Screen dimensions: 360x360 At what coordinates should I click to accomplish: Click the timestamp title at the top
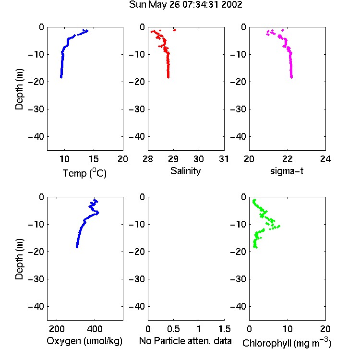pos(185,4)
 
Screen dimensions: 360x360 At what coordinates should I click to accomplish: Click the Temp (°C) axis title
pos(84,173)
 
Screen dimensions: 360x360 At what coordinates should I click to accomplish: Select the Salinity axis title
pos(185,171)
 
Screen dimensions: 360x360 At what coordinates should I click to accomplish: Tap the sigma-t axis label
pos(287,171)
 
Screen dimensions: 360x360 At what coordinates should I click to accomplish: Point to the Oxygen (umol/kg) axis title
pos(84,341)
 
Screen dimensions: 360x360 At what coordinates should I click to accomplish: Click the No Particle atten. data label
pos(185,341)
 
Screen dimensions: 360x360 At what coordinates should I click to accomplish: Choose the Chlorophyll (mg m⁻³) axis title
pos(287,343)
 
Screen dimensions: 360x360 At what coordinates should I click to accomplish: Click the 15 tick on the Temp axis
pos(94,159)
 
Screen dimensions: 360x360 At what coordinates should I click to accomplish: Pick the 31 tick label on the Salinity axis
pos(224,159)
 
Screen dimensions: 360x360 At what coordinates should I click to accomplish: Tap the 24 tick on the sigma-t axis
pos(325,159)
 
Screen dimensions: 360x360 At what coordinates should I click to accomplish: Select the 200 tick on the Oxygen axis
pos(57,329)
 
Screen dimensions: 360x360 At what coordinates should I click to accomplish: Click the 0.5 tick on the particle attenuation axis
pos(173,329)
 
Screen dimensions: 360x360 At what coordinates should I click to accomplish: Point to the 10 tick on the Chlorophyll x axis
pos(288,329)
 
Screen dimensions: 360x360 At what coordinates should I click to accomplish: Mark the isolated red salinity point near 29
pos(175,30)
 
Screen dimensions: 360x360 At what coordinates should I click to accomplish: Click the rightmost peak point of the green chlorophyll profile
pos(278,227)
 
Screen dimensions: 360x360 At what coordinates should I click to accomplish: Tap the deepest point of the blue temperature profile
pos(61,77)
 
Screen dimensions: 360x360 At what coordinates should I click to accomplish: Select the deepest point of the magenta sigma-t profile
pos(291,77)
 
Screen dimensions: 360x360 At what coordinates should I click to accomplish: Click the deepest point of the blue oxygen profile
pos(77,247)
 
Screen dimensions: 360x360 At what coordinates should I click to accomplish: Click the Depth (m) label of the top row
pos(19,89)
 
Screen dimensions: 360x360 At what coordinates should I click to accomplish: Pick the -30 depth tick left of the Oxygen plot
pos(36,279)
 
